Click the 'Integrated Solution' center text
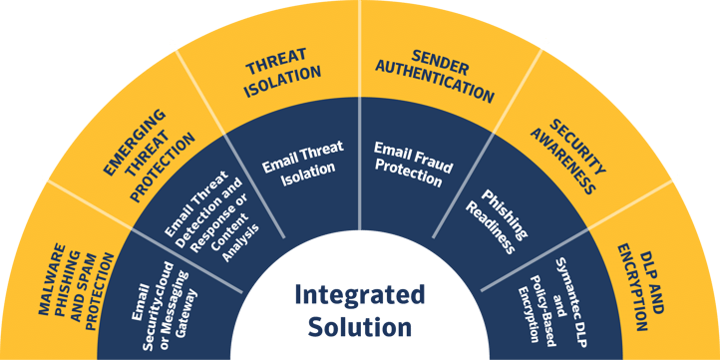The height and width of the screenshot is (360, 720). pos(359,310)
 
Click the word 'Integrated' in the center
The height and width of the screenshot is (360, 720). pos(359,295)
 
